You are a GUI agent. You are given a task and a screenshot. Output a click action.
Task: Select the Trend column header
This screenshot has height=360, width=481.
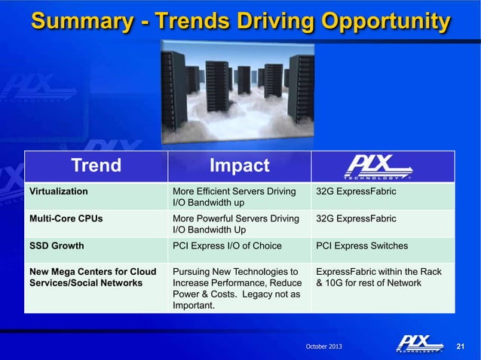click(95, 166)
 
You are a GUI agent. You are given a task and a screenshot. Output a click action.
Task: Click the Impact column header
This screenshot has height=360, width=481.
click(239, 166)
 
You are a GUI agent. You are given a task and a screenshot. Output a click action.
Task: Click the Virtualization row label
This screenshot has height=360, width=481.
click(58, 191)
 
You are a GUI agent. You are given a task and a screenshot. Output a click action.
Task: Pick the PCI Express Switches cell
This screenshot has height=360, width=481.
click(362, 246)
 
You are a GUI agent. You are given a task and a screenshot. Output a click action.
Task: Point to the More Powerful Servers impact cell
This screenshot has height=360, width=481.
click(236, 224)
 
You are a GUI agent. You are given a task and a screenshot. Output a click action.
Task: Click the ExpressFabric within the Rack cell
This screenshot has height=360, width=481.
click(379, 276)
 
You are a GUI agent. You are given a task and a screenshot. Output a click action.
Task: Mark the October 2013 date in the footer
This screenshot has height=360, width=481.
click(322, 346)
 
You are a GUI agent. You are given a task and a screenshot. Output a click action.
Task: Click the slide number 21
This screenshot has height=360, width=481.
click(462, 346)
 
